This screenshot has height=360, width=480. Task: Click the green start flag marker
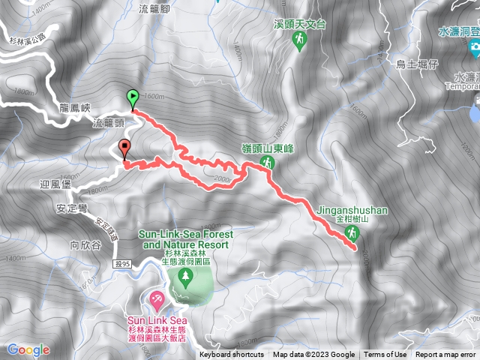point(132,97)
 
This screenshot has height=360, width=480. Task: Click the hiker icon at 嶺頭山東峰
point(266,163)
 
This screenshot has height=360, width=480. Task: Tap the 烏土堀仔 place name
point(416,64)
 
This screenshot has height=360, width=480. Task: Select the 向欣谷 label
point(84,244)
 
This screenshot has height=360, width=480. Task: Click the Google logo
point(28,349)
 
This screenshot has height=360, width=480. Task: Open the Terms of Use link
point(385,355)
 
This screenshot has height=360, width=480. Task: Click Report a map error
point(445,355)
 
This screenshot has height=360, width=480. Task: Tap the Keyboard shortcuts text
point(232,355)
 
